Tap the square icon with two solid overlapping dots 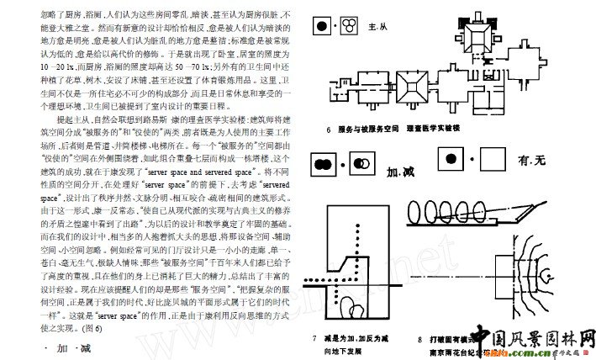[323, 162]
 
